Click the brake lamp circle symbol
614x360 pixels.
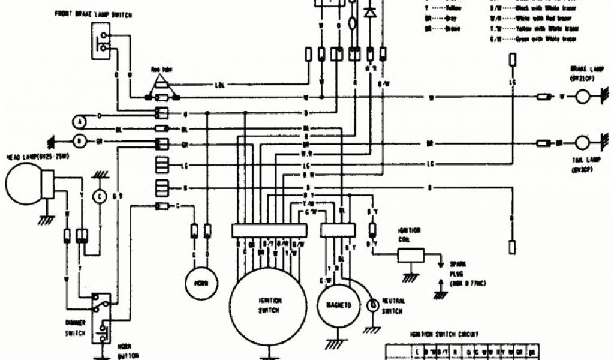583,97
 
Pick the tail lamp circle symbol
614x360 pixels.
583,143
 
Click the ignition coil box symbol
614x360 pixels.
410,255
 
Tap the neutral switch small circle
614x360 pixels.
372,305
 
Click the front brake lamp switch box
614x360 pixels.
101,41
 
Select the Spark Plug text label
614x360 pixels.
461,266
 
